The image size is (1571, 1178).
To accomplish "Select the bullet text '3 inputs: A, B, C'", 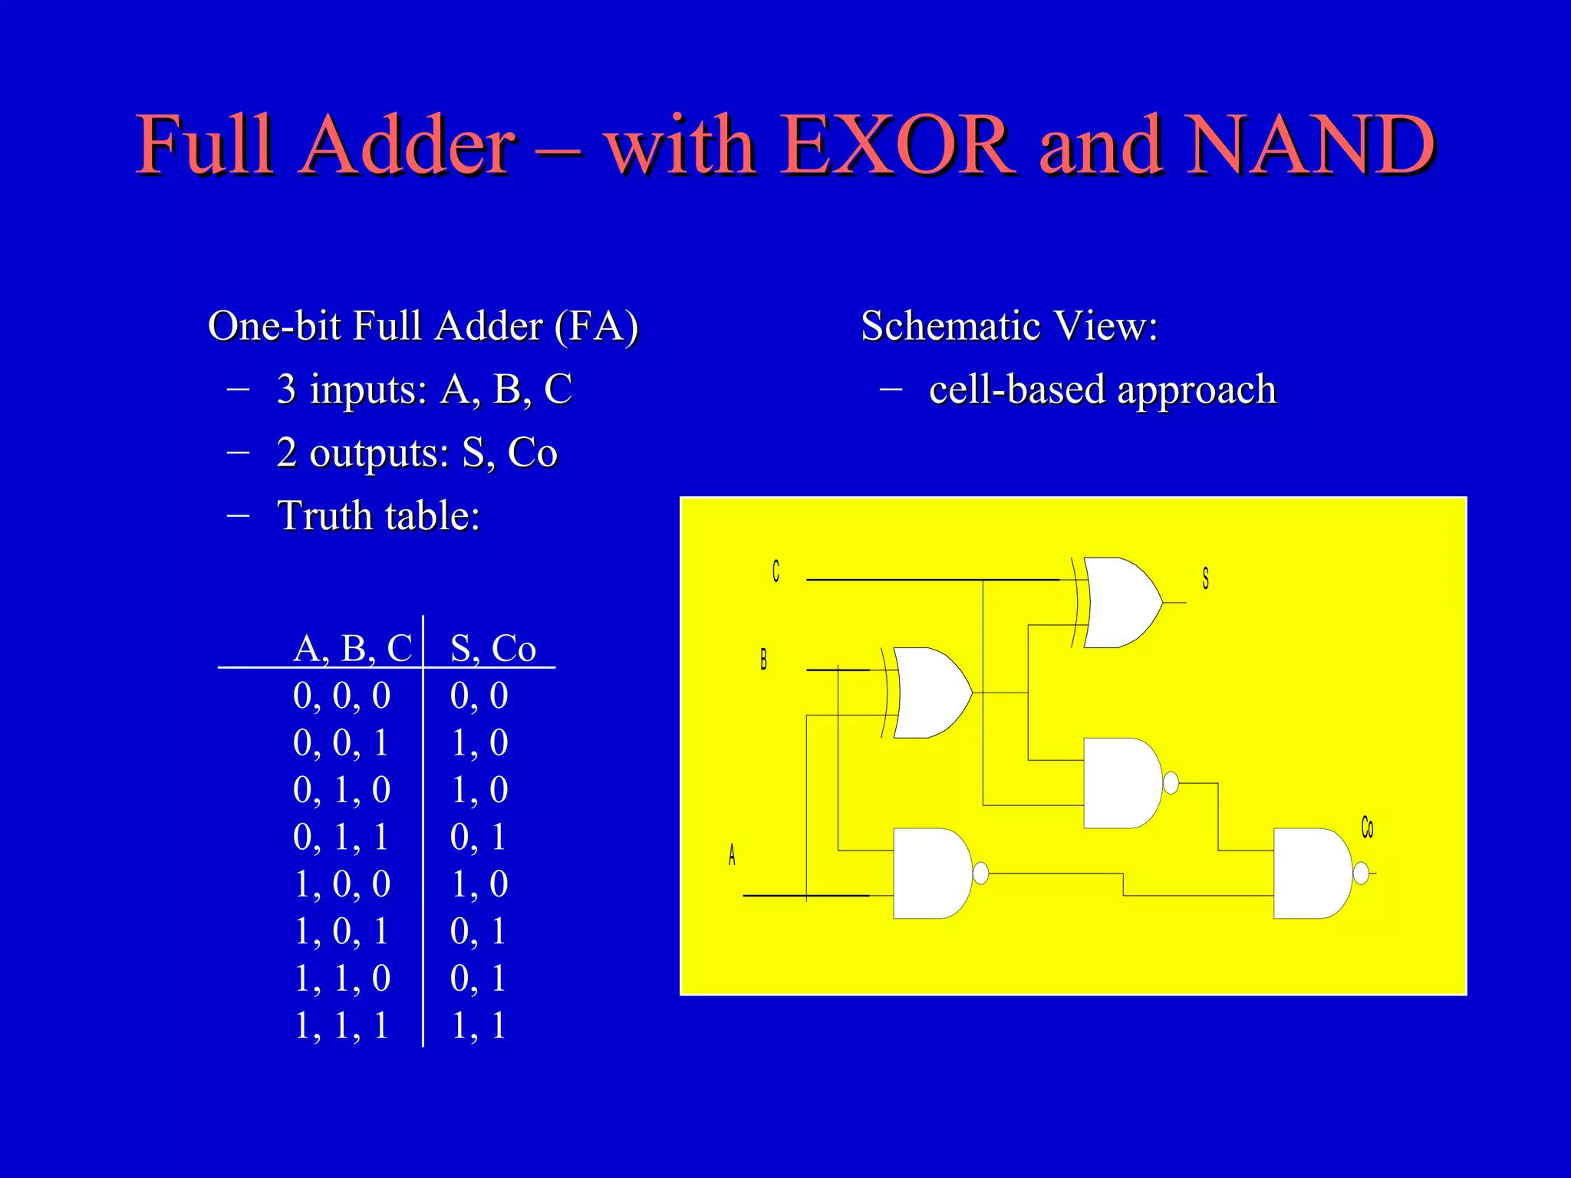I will tap(424, 389).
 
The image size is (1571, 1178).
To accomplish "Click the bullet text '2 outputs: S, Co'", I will tap(417, 452).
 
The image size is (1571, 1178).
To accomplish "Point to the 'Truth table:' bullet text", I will tap(378, 515).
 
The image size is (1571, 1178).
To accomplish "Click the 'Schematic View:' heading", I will tap(1009, 326).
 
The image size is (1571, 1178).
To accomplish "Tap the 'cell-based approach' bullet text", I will tap(1102, 390).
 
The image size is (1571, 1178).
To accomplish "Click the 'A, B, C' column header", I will tap(352, 648).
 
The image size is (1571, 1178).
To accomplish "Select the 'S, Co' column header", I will tap(492, 648).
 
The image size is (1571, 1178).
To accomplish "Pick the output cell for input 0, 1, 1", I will tap(478, 837).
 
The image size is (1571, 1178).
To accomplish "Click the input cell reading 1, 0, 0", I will tap(342, 883).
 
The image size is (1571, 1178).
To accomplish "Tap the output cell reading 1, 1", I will tap(478, 1025).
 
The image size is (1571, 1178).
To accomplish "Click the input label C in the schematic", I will tap(776, 571).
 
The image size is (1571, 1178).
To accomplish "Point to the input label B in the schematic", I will tap(763, 660).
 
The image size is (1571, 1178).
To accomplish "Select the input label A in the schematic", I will tap(732, 854).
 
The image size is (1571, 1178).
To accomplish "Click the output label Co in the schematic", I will tap(1367, 828).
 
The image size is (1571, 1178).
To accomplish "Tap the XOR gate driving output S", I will tap(1120, 603).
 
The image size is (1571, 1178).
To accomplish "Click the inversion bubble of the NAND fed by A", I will tap(980, 873).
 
